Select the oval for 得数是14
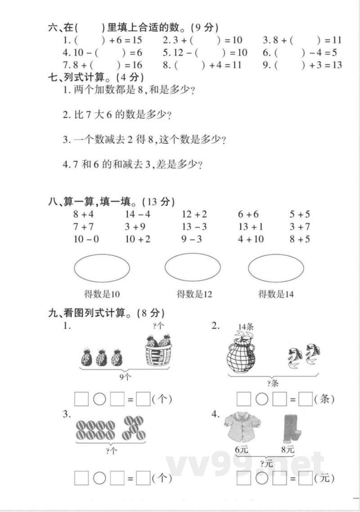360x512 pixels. click(x=276, y=268)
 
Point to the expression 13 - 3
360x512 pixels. click(x=194, y=227)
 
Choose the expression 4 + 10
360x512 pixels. click(x=251, y=239)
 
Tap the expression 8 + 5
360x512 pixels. click(x=300, y=239)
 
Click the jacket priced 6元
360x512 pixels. click(x=243, y=428)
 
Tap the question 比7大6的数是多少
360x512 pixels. click(x=117, y=115)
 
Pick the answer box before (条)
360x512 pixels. click(x=306, y=399)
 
